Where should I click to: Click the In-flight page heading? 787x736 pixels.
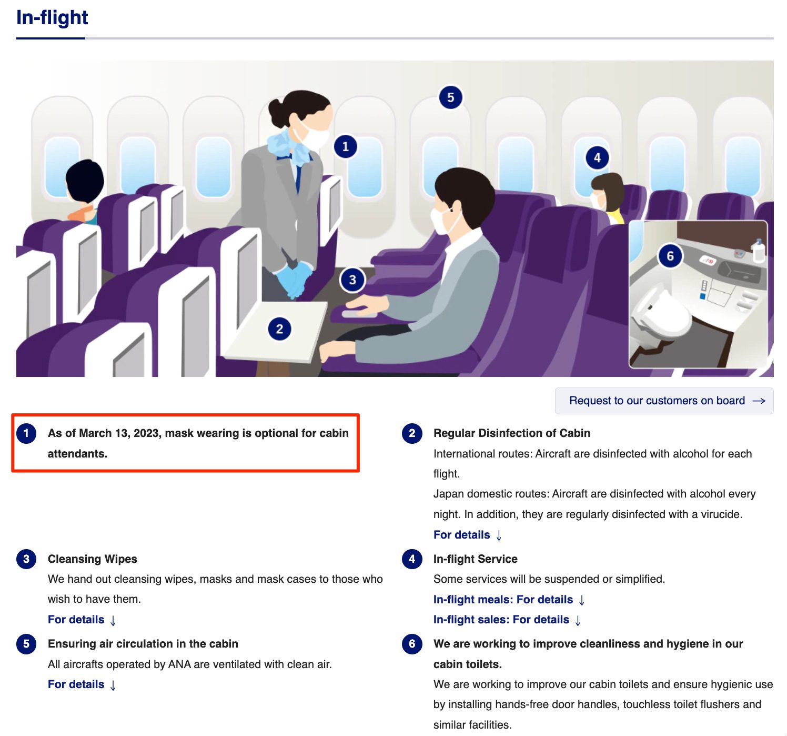pyautogui.click(x=52, y=17)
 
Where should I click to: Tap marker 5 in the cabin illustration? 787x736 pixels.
pyautogui.click(x=450, y=97)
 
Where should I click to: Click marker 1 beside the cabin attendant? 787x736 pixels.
pyautogui.click(x=345, y=147)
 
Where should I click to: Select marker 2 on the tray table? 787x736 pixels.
pyautogui.click(x=279, y=329)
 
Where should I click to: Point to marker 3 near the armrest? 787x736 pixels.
pyautogui.click(x=352, y=280)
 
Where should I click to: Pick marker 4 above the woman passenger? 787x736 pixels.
pyautogui.click(x=597, y=158)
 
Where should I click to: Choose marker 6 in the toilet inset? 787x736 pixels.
pyautogui.click(x=670, y=256)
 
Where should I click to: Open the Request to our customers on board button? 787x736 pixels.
pyautogui.click(x=664, y=401)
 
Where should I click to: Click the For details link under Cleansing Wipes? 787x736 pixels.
pyautogui.click(x=82, y=620)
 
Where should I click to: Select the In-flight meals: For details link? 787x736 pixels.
pyautogui.click(x=509, y=600)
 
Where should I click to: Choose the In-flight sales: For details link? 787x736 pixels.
pyautogui.click(x=507, y=620)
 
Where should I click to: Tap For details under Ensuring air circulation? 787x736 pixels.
pyautogui.click(x=82, y=684)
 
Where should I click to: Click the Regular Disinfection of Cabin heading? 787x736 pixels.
pyautogui.click(x=511, y=433)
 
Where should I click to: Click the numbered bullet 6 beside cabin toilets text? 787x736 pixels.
pyautogui.click(x=412, y=643)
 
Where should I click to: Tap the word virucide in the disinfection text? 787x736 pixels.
pyautogui.click(x=721, y=514)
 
